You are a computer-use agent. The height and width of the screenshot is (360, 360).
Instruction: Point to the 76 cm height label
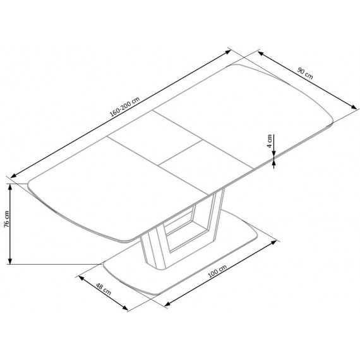click(x=6, y=221)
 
